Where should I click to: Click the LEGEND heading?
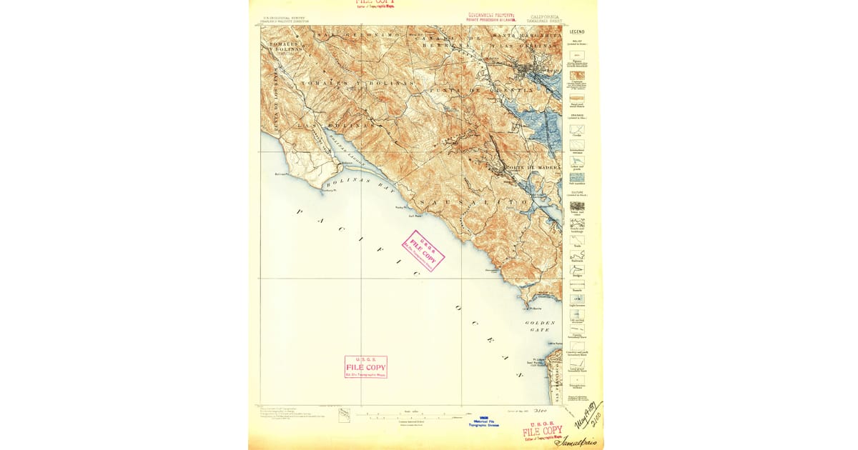pyautogui.click(x=576, y=31)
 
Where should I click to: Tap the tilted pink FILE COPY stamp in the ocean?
pyautogui.click(x=423, y=251)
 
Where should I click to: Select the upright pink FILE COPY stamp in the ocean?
pyautogui.click(x=365, y=366)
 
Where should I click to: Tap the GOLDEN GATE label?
pyautogui.click(x=540, y=326)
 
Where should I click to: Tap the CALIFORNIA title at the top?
pyautogui.click(x=546, y=15)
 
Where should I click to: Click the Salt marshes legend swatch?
pyautogui.click(x=576, y=177)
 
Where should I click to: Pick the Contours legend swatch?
pyautogui.click(x=576, y=75)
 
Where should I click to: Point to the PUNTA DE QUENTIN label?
pyautogui.click(x=480, y=91)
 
